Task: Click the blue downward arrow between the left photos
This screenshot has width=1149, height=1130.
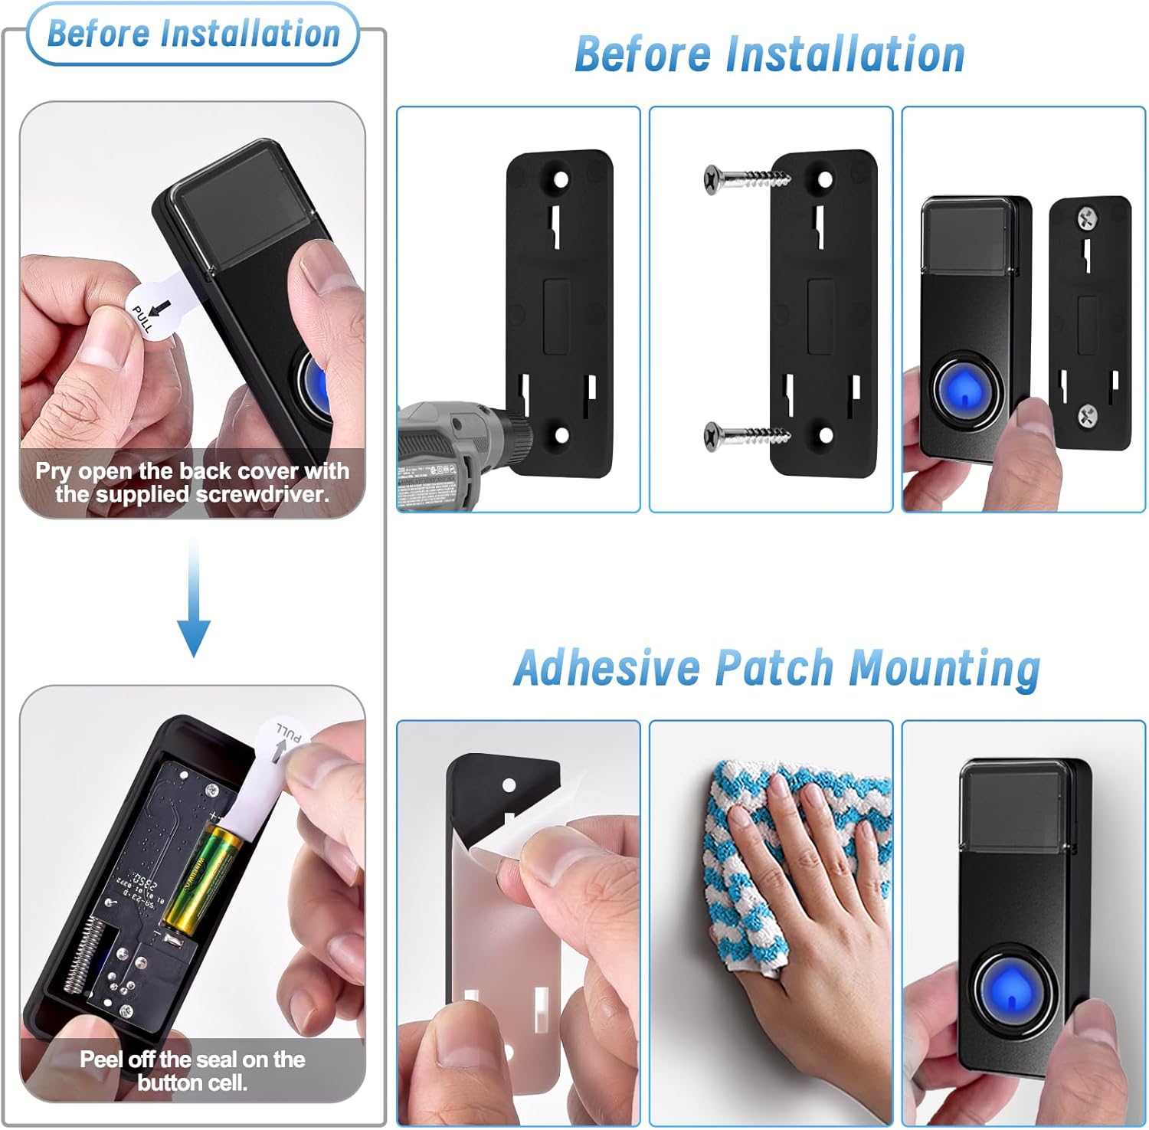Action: pos(194,605)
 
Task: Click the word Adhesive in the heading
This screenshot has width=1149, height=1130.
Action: pos(607,668)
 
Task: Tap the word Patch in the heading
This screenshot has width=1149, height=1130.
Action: pos(774,668)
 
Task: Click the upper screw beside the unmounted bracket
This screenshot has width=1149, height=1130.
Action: pos(743,179)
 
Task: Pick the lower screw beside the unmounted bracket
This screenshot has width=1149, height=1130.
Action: pos(743,436)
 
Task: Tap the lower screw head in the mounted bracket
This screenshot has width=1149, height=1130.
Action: pos(1088,416)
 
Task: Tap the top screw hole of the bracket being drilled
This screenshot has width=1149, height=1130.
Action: pos(561,181)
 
